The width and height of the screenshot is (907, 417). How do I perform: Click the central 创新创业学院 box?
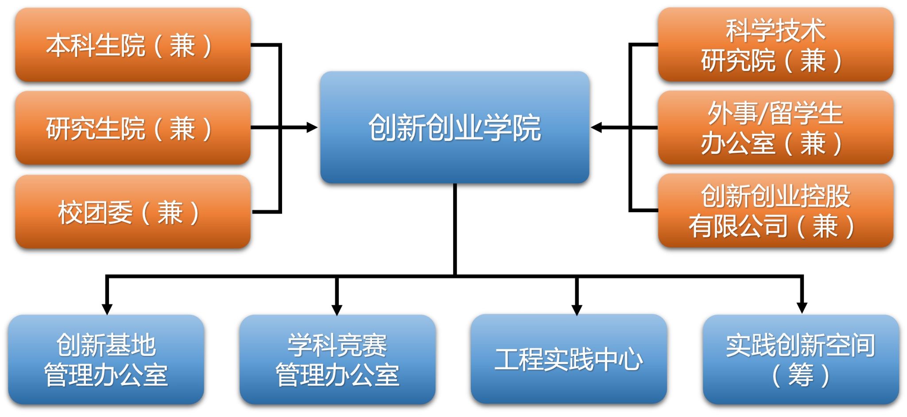tap(454, 127)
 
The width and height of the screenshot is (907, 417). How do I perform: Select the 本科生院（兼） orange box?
tap(133, 45)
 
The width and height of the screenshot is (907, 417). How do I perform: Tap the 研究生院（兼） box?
tap(133, 128)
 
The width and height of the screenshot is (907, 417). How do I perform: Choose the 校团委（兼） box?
tap(133, 212)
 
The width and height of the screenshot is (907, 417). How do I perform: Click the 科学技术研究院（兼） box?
tap(775, 45)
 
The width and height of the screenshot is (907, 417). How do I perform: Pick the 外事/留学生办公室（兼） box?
tap(775, 128)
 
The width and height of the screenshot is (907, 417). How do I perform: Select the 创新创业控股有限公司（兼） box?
tap(775, 211)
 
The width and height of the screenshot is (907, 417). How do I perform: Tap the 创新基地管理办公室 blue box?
tap(106, 359)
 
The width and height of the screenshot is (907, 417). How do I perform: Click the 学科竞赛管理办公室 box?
tap(337, 359)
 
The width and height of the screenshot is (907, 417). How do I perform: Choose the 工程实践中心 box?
tap(569, 359)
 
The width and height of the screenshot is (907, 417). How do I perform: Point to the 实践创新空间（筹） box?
tap(801, 359)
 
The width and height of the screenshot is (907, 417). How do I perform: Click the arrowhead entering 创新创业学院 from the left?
tap(313, 128)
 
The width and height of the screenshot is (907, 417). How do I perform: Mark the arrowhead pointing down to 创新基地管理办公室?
tap(107, 309)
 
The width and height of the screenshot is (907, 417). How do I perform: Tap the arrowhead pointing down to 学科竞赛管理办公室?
tap(337, 309)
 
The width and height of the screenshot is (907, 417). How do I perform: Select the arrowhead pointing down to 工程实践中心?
tap(577, 309)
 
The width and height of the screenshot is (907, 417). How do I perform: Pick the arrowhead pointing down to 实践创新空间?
tap(802, 308)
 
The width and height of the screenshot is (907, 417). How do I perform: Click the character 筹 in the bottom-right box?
tap(801, 375)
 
